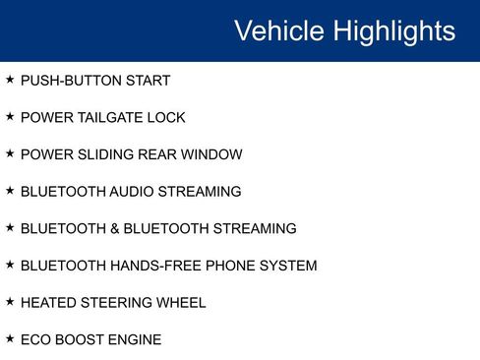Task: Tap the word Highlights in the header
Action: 394,30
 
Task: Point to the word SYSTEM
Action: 287,266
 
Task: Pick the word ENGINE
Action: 135,340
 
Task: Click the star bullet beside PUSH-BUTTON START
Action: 10,80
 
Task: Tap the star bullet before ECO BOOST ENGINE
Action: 10,339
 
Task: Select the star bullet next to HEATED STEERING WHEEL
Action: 10,302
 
